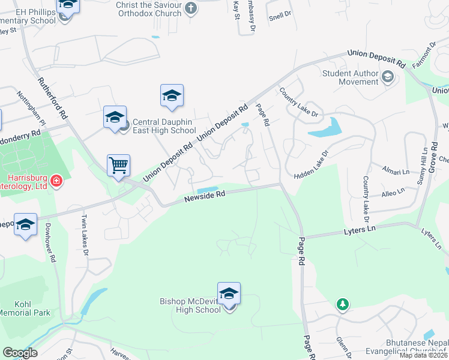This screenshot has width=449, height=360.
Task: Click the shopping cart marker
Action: tap(119, 165)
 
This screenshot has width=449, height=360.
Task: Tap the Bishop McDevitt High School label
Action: tap(190, 305)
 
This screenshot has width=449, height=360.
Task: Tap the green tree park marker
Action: tap(342, 305)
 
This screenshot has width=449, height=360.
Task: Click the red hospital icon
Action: tap(56, 181)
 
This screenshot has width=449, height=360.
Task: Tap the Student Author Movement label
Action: tap(351, 77)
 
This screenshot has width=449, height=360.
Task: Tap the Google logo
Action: tap(20, 352)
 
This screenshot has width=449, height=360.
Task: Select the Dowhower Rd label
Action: tap(51, 242)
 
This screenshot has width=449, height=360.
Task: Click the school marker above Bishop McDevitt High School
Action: tap(229, 294)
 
